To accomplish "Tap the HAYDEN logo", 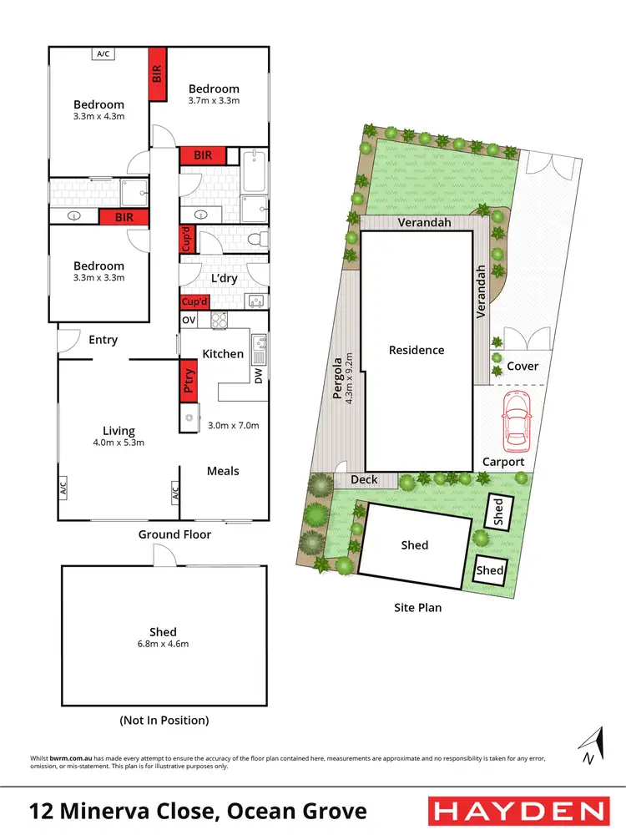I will pos(517,811).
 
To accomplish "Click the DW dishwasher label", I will pos(258,377).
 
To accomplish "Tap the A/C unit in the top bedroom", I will pos(103,53).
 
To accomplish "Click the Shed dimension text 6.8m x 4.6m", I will pos(164,644).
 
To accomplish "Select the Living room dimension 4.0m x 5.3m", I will pos(118,443).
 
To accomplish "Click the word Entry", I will pos(103,340).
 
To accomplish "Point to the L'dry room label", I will pos(225,276).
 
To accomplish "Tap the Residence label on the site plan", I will pos(416,350).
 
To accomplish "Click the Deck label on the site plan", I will pos(364,479).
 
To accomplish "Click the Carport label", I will pos(503,462).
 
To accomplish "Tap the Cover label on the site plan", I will pos(523,366).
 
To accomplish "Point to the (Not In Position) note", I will pos(164,720).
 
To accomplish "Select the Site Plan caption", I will pos(417,607).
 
